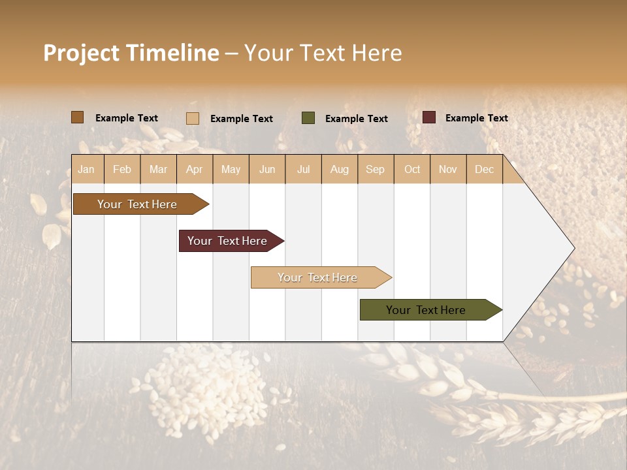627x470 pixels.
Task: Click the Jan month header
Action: [x=87, y=170]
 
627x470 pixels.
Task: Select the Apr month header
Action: [x=195, y=170]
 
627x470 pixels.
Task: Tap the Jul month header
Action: [x=303, y=170]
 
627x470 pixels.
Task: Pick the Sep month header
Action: [x=376, y=170]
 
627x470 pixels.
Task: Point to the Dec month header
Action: [x=484, y=170]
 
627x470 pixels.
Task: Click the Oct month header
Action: [x=412, y=170]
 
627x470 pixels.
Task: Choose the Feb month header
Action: [x=122, y=170]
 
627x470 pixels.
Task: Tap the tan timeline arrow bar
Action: [x=319, y=277]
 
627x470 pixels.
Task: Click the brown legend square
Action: [x=77, y=117]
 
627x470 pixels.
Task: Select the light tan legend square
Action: [x=193, y=118]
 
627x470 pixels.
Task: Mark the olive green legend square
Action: [x=308, y=118]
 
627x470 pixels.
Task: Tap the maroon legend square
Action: [x=428, y=117]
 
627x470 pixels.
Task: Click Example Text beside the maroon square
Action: [x=476, y=118]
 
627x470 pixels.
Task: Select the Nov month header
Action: [x=448, y=170]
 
